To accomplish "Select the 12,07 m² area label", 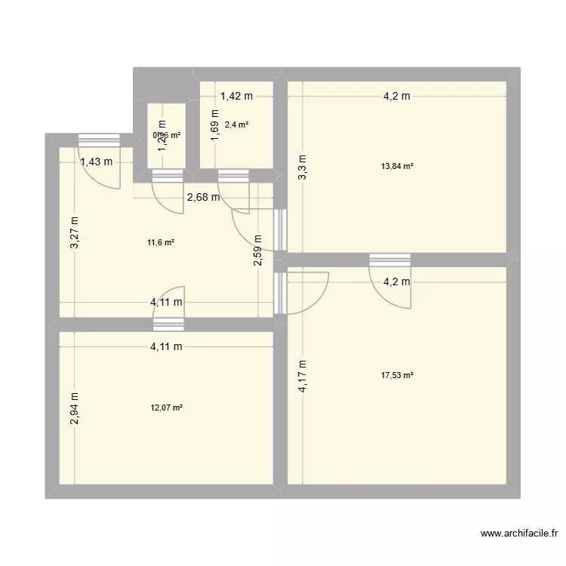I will pos(167,408).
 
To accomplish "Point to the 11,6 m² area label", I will pos(161,242).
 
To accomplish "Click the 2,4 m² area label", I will pos(236,125).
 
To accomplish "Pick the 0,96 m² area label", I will pos(167,136).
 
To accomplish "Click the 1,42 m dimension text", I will pos(236,96).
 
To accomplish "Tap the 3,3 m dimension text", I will pos(303,167).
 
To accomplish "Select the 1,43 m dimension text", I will pos(97,161).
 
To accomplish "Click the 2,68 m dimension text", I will pos(204,198).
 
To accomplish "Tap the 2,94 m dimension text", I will pos(75,409).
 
